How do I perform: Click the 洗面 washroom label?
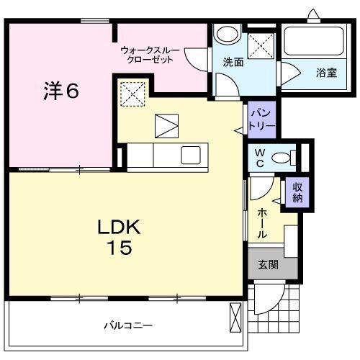coord(232,63)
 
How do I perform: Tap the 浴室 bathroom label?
coord(326,72)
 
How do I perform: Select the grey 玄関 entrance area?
coord(269,265)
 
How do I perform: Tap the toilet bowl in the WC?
coord(287,156)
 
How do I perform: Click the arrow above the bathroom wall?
coord(312,14)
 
